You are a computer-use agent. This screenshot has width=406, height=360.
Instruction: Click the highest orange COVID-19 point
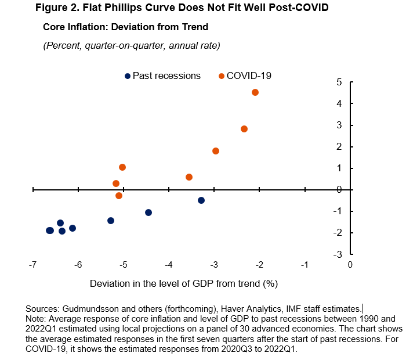[x=255, y=92]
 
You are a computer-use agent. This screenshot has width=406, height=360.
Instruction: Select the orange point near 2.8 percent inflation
[x=244, y=129]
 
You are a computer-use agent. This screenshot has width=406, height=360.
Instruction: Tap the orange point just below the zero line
[x=119, y=196]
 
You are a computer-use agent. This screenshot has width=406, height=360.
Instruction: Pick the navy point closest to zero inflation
[x=201, y=200]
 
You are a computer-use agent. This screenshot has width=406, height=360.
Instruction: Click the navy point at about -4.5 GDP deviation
[x=148, y=213]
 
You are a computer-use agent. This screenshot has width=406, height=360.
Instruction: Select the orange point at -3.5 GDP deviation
[x=189, y=177]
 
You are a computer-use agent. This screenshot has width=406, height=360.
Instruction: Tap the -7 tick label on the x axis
[x=32, y=265]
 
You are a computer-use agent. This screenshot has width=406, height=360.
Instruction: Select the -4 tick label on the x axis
[x=168, y=265]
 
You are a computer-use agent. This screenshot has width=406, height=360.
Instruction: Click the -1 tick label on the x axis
[x=304, y=265]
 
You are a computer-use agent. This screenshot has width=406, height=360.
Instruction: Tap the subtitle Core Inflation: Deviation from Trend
[x=125, y=27]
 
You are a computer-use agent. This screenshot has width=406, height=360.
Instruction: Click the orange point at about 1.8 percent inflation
[x=216, y=151]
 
